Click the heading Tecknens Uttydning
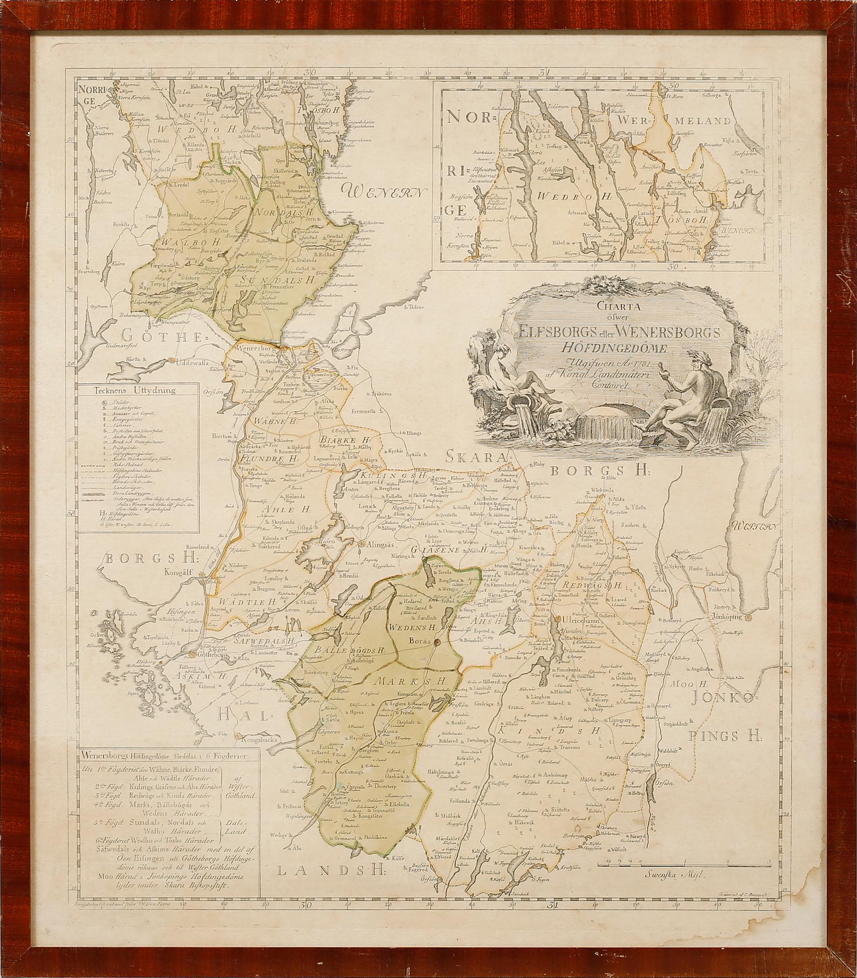137,390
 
